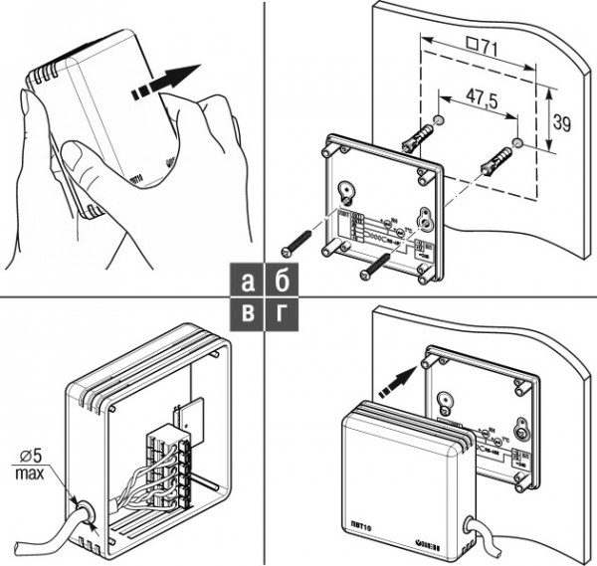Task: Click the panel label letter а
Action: click(x=247, y=280)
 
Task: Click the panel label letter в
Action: click(x=247, y=313)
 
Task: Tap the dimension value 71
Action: click(x=483, y=48)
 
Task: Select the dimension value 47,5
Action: click(x=477, y=101)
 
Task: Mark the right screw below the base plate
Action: click(x=374, y=264)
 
